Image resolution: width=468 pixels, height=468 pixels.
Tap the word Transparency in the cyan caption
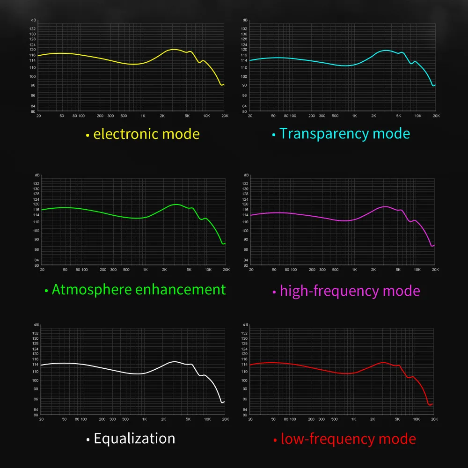click(x=319, y=134)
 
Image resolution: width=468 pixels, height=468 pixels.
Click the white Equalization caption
click(x=134, y=439)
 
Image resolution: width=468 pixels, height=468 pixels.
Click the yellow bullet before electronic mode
click(x=87, y=136)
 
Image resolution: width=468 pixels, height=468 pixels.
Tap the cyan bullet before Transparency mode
click(x=274, y=135)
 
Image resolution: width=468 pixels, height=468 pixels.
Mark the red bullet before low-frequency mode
click(x=275, y=440)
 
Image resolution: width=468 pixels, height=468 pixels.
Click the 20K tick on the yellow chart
click(x=225, y=116)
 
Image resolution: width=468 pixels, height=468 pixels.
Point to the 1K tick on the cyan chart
click(x=354, y=116)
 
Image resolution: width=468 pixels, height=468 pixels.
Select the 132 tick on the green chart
click(x=36, y=183)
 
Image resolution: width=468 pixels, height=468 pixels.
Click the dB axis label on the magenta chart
click(x=245, y=175)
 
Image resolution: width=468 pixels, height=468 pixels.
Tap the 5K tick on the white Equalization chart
click(x=188, y=419)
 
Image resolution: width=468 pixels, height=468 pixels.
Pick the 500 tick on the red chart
click(x=335, y=419)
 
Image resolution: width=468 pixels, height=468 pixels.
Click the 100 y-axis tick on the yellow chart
click(x=33, y=76)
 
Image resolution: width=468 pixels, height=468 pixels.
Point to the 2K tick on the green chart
click(x=164, y=270)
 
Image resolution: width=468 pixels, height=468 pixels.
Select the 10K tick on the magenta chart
click(x=417, y=270)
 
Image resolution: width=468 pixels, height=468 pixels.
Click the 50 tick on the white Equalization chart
click(x=64, y=419)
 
